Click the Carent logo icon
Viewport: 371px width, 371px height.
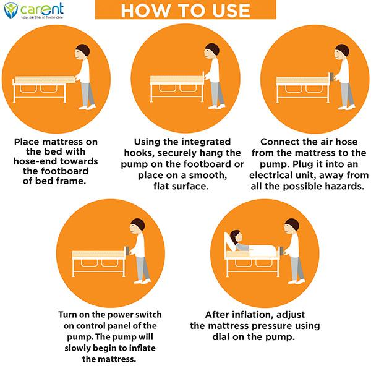(x=11, y=10)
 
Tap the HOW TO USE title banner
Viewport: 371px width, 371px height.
(x=185, y=9)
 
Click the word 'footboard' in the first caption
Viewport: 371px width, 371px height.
(x=56, y=171)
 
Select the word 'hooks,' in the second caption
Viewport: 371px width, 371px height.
(x=139, y=153)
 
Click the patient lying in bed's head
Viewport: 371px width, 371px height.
(x=236, y=237)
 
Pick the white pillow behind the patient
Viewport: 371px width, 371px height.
(x=229, y=241)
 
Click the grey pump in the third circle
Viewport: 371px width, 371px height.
(x=331, y=77)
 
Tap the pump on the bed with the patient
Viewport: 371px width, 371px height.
(x=282, y=250)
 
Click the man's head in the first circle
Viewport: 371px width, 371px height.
(x=82, y=53)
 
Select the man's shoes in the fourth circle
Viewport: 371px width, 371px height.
(x=142, y=281)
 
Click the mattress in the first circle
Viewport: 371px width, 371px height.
(x=45, y=80)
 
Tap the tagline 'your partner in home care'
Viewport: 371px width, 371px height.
(x=42, y=17)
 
